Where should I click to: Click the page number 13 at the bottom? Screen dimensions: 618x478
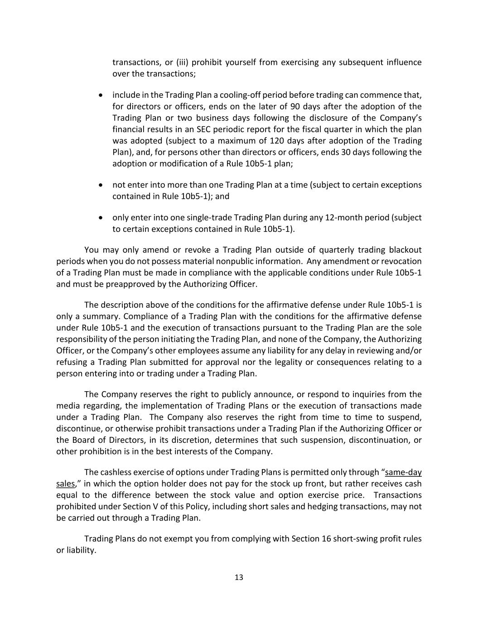tap(239, 577)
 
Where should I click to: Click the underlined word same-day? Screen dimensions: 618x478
tap(403, 473)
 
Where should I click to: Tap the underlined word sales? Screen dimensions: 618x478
tap(65, 484)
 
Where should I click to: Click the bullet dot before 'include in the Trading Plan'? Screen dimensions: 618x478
tap(101, 95)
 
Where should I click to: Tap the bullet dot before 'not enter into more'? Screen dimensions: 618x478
tap(101, 185)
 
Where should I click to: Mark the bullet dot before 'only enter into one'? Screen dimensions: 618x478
tap(101, 218)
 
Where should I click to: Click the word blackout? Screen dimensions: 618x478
tap(404, 250)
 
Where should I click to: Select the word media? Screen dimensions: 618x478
tap(67, 406)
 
